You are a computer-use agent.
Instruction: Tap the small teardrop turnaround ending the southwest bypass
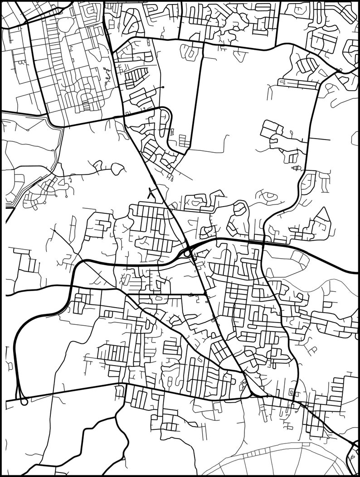[x=24, y=401]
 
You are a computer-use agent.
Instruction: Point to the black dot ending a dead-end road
[x=163, y=87]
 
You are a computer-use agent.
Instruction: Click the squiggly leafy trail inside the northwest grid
[x=107, y=77]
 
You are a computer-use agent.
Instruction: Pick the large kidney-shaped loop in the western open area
[x=117, y=169]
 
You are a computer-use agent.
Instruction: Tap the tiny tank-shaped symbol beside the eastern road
[x=297, y=169]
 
